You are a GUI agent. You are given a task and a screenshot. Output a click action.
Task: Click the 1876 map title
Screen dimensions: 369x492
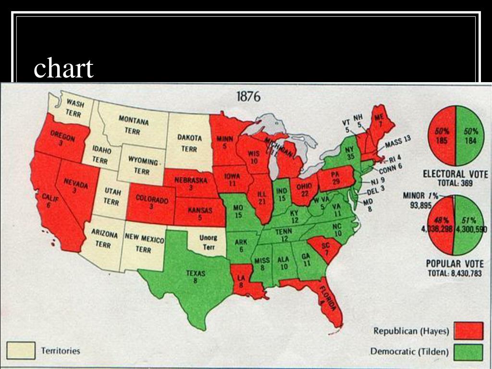click(248, 97)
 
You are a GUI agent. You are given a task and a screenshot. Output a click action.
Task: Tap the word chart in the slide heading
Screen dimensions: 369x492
click(63, 69)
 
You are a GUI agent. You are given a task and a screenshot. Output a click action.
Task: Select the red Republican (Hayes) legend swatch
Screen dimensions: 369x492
click(469, 331)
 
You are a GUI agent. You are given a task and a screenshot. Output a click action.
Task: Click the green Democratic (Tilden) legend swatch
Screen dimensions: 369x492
click(469, 351)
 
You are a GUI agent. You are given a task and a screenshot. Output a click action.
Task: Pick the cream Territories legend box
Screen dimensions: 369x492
click(21, 350)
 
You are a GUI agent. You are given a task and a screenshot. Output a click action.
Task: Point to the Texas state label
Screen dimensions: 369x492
click(196, 276)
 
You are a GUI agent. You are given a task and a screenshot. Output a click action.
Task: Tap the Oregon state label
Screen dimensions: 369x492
click(61, 139)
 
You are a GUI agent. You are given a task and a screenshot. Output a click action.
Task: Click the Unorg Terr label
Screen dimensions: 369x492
click(208, 242)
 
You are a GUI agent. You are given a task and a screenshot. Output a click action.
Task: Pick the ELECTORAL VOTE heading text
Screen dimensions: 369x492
click(455, 174)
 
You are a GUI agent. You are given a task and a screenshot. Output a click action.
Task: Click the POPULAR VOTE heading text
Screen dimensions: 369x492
click(455, 264)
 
